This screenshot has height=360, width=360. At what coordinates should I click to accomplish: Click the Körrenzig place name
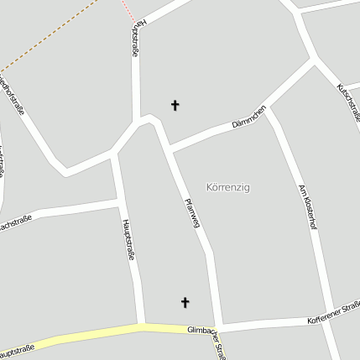pyautogui.click(x=227, y=187)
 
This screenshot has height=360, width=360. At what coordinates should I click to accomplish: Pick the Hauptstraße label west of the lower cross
pyautogui.click(x=128, y=239)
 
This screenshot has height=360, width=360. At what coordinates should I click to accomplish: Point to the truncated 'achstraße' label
pyautogui.click(x=15, y=223)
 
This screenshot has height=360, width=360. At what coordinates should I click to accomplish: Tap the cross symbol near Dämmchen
pyautogui.click(x=175, y=105)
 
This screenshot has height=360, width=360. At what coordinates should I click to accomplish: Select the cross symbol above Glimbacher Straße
pyautogui.click(x=185, y=302)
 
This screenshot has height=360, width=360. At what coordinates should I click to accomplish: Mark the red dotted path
pyautogui.click(x=127, y=11)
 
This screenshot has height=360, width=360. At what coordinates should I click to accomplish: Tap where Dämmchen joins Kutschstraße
pyautogui.click(x=314, y=59)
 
